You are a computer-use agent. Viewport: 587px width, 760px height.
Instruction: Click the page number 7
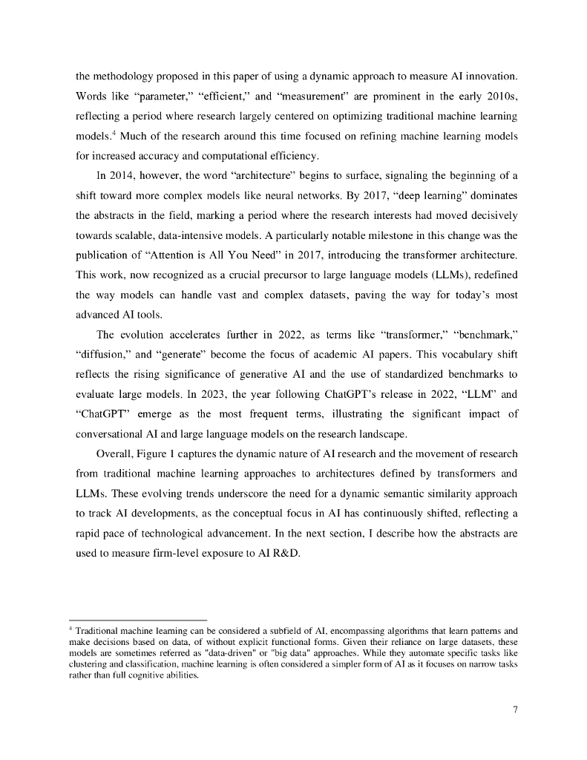(515, 709)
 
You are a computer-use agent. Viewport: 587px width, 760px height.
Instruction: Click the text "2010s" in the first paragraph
(502, 97)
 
